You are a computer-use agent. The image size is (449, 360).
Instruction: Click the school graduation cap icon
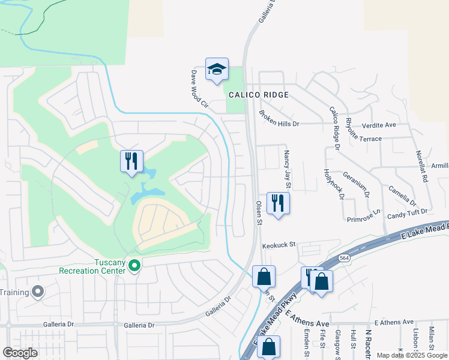(217, 70)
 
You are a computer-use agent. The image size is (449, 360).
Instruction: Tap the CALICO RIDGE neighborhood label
(258, 95)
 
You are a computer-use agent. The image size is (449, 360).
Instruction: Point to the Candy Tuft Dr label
(407, 212)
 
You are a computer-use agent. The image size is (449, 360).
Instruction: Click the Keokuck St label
(279, 245)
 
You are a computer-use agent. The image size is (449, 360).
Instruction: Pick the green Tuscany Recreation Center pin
(134, 265)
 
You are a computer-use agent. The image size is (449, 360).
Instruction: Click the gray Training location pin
(38, 292)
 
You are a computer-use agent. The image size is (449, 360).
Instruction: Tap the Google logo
(20, 353)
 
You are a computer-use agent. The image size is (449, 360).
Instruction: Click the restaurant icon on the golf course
(131, 161)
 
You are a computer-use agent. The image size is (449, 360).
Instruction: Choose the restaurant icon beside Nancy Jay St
(278, 203)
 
